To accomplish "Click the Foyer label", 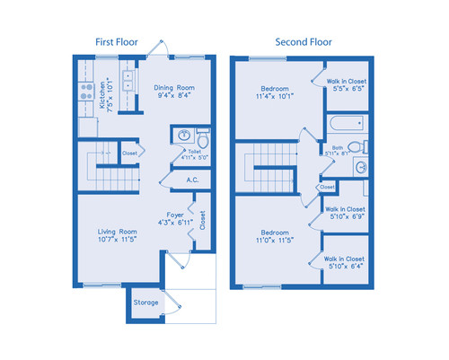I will click(x=176, y=216).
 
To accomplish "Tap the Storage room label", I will click(x=145, y=303).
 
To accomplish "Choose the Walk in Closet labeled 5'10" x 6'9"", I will click(x=345, y=213).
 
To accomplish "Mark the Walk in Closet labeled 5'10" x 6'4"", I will click(x=345, y=263).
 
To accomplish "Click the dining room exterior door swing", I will click(x=163, y=48).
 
